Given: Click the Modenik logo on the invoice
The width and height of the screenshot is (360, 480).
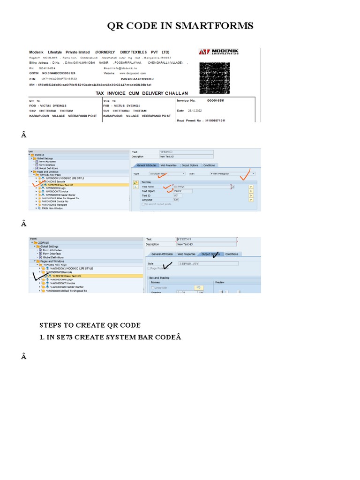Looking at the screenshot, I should (x=225, y=52).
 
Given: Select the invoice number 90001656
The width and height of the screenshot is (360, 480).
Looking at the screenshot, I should (x=216, y=100).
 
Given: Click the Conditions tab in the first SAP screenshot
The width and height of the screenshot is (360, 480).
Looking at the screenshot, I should (x=209, y=165).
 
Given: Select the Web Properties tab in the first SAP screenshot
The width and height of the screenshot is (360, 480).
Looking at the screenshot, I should (x=168, y=165).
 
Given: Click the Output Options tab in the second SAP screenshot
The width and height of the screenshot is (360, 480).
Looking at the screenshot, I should (x=210, y=254).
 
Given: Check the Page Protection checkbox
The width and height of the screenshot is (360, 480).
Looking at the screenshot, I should (x=150, y=269).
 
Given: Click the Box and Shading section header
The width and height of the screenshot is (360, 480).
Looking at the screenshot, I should (x=159, y=277).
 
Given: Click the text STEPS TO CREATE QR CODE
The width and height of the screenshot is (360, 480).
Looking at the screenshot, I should (x=90, y=325).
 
